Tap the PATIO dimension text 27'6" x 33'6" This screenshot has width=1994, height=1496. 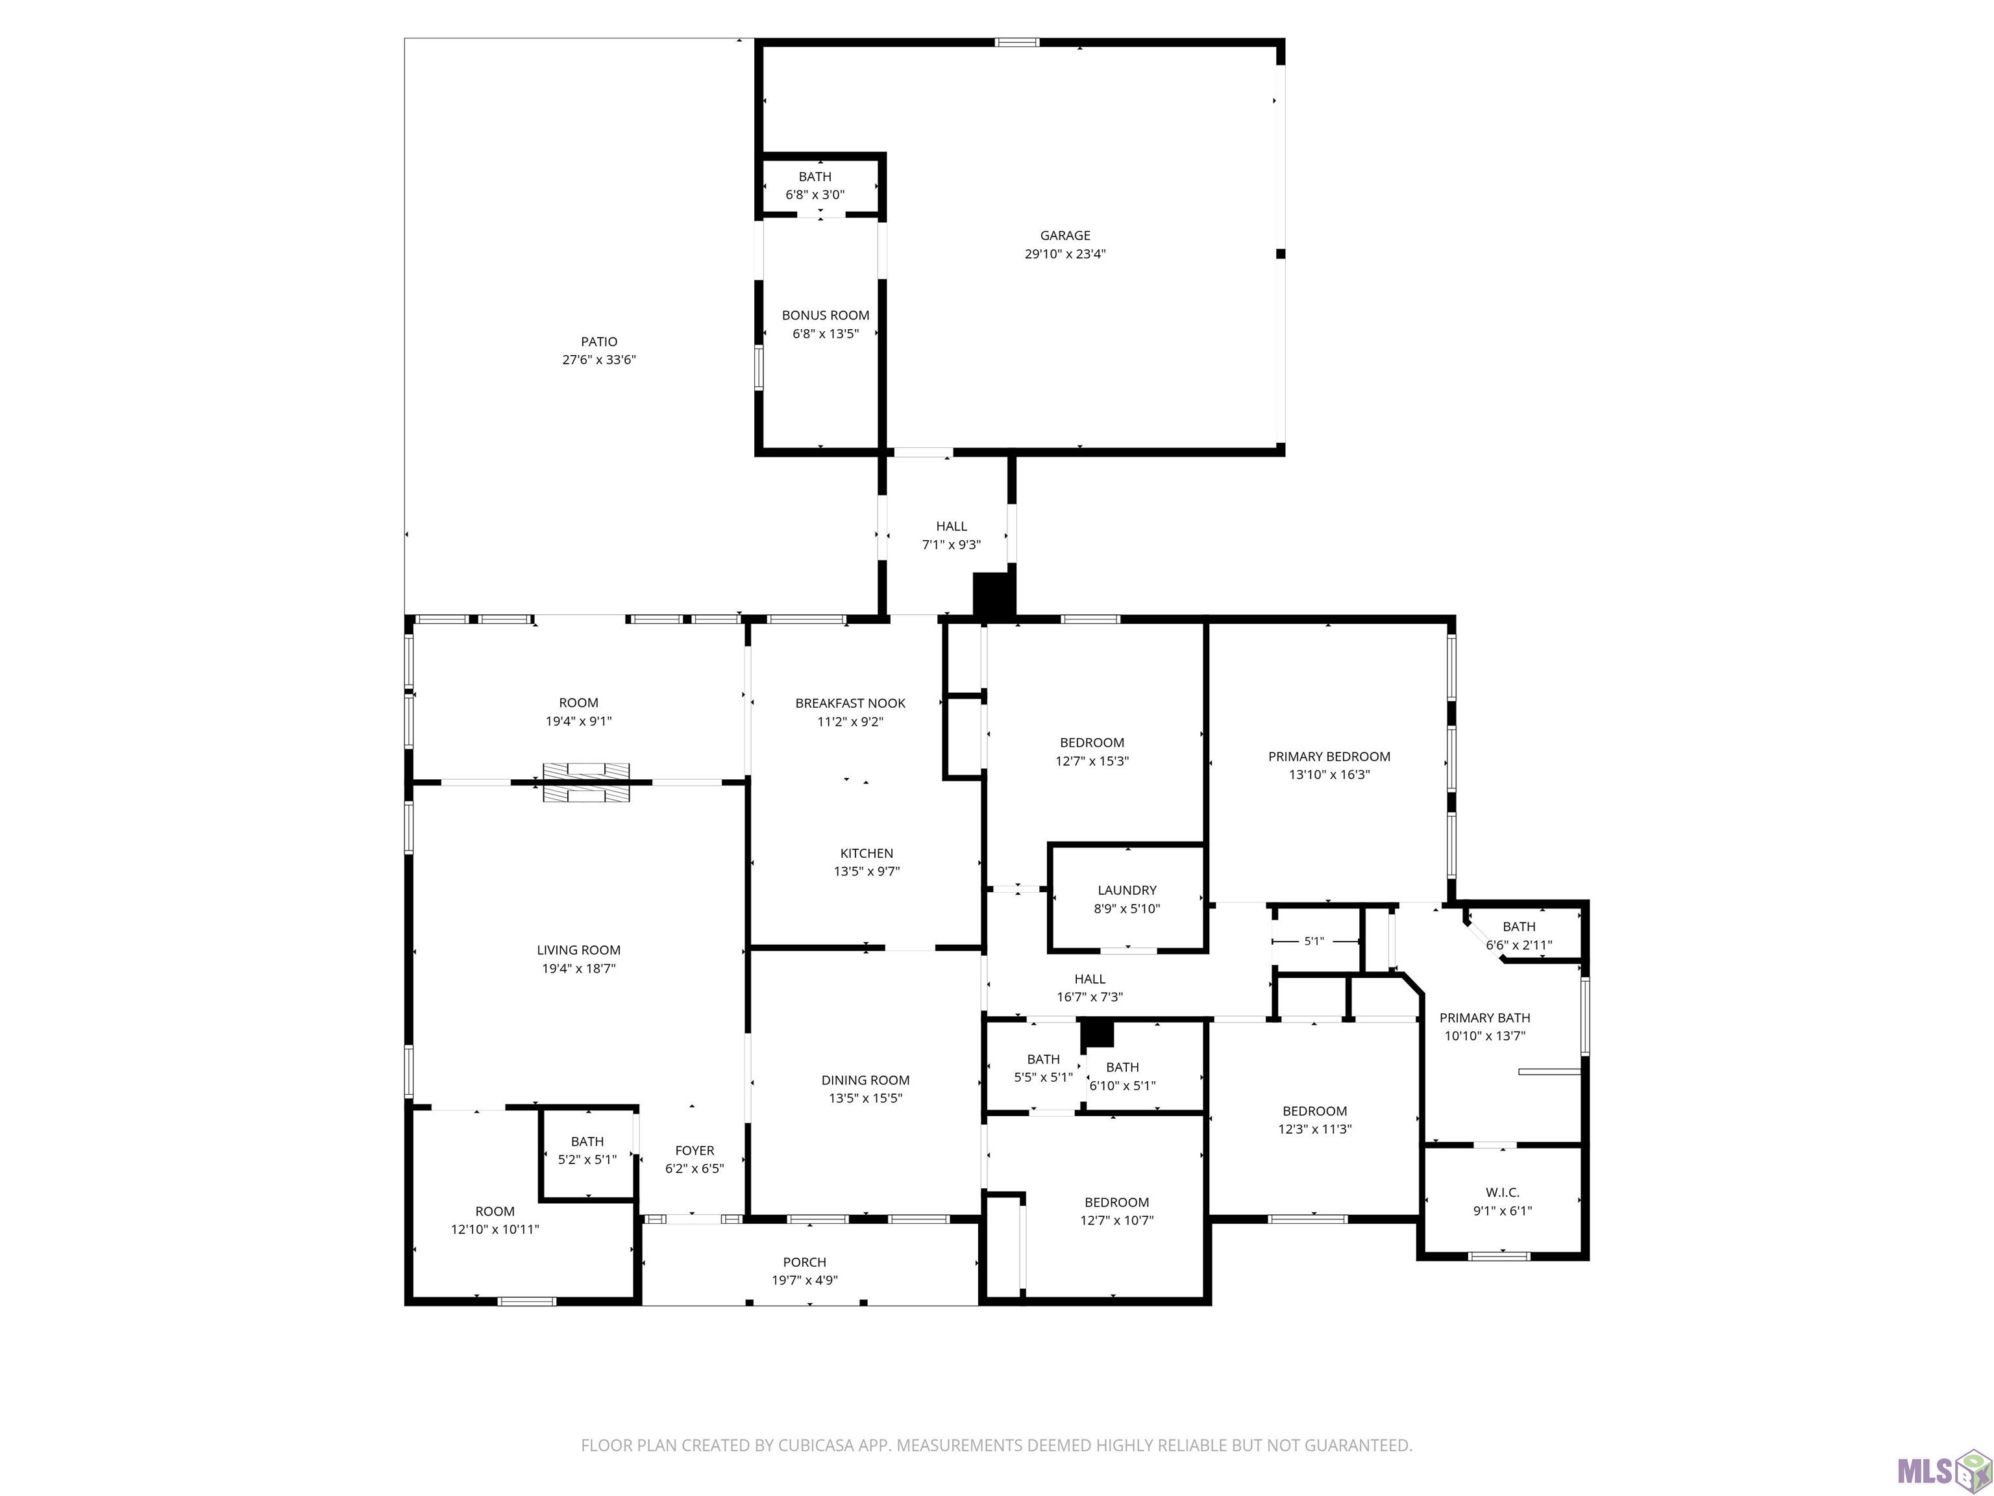pyautogui.click(x=600, y=360)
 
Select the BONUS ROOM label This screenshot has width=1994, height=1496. pyautogui.click(x=826, y=315)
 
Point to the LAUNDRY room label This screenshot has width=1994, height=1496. pyautogui.click(x=1127, y=890)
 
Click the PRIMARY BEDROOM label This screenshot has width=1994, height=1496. pyautogui.click(x=1329, y=756)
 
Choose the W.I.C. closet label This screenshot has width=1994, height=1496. pyautogui.click(x=1503, y=1192)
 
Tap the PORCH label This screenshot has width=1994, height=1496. pyautogui.click(x=805, y=1262)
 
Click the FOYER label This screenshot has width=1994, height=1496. pyautogui.click(x=695, y=1151)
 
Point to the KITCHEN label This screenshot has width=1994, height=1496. pyautogui.click(x=867, y=853)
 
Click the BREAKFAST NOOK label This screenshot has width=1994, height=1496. pyautogui.click(x=850, y=703)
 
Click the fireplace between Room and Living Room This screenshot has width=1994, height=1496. pyautogui.click(x=586, y=781)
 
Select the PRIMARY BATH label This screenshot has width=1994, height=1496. pyautogui.click(x=1484, y=1018)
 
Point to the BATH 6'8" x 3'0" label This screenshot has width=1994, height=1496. pyautogui.click(x=815, y=186)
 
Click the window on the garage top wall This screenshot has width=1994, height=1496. pyautogui.click(x=1017, y=42)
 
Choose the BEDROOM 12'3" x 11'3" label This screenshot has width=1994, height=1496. pyautogui.click(x=1315, y=1120)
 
